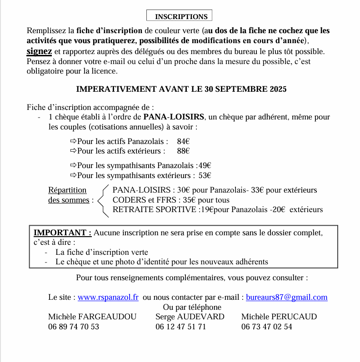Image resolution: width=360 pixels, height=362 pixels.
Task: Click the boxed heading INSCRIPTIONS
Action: click(x=181, y=17)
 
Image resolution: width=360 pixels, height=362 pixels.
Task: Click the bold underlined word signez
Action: click(x=39, y=51)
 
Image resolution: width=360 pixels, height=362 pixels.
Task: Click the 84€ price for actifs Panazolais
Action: click(x=183, y=141)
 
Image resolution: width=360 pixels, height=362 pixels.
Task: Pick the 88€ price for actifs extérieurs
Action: click(x=183, y=151)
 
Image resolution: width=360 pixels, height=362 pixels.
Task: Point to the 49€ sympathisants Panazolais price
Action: click(x=205, y=166)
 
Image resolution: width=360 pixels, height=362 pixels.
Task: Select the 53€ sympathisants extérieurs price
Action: click(x=205, y=175)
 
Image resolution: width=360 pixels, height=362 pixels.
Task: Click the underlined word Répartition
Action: click(x=67, y=190)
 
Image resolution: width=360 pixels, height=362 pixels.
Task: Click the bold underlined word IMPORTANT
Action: click(x=62, y=233)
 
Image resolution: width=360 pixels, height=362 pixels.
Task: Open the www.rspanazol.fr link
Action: click(x=108, y=298)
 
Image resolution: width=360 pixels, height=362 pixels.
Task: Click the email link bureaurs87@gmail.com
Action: click(x=286, y=298)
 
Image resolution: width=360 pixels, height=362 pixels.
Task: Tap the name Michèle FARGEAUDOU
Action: click(x=92, y=317)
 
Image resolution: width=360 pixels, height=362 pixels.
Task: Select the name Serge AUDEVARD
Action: click(x=190, y=317)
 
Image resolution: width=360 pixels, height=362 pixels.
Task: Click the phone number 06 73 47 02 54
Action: click(x=267, y=327)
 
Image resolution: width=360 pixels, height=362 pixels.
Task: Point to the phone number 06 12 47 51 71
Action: click(x=180, y=327)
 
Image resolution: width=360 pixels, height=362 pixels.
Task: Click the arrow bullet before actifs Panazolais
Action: click(x=74, y=141)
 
